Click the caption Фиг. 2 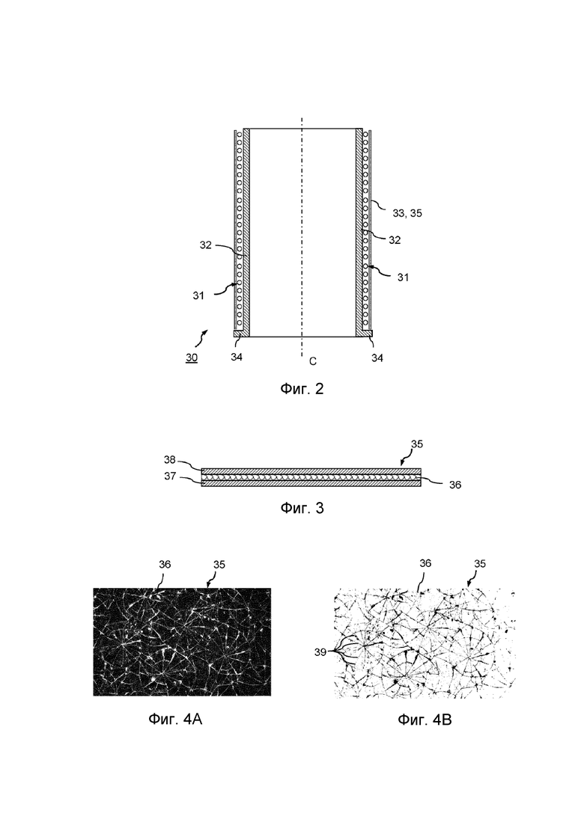[x=301, y=389]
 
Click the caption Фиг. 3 [x=302, y=509]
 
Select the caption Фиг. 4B [x=425, y=721]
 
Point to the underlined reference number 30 [x=192, y=358]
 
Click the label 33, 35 [x=407, y=213]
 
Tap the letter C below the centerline [x=312, y=361]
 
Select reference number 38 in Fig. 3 [x=170, y=460]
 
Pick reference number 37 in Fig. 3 [x=170, y=476]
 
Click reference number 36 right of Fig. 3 [x=454, y=485]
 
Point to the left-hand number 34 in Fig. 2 [x=236, y=358]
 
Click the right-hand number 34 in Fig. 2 [x=377, y=358]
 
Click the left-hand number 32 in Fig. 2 [x=206, y=244]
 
